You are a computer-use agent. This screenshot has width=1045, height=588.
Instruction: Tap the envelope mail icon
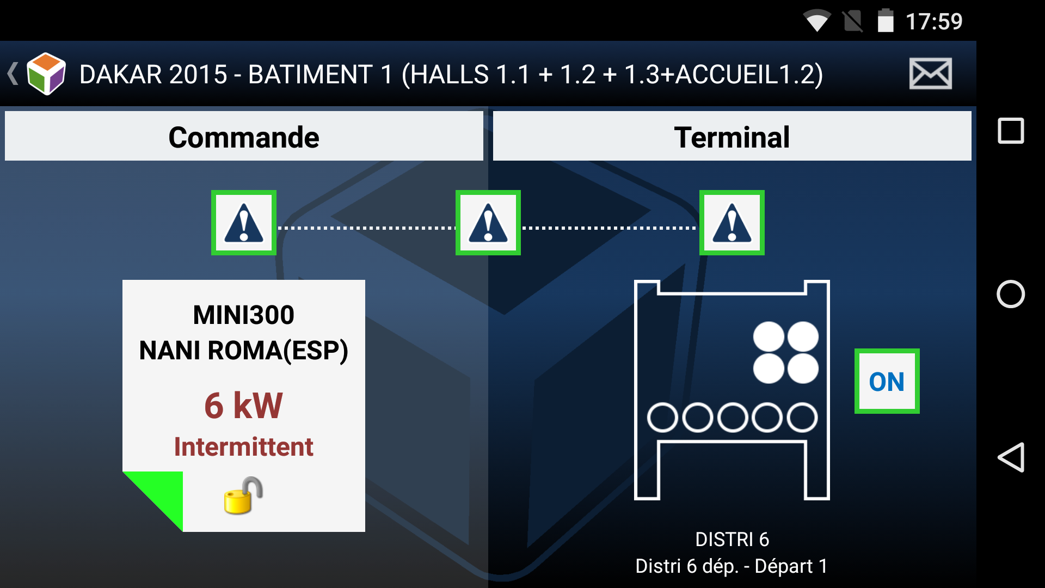(930, 73)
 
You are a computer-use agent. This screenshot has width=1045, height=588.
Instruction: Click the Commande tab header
(244, 136)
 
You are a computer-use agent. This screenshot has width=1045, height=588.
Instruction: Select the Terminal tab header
(731, 136)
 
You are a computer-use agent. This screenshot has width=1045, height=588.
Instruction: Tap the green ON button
(887, 381)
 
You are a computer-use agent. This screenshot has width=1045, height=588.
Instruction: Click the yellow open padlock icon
(243, 495)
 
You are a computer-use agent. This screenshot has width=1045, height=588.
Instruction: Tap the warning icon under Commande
(244, 223)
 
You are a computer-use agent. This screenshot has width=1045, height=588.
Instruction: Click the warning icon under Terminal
(731, 223)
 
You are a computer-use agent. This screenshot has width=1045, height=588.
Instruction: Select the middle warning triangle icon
(488, 223)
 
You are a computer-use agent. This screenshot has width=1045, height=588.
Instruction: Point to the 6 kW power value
(243, 406)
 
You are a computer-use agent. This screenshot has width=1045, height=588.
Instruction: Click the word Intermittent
(243, 447)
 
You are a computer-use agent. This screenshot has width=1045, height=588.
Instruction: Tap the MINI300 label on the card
(243, 315)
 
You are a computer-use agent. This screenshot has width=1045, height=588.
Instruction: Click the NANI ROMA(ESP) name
(243, 350)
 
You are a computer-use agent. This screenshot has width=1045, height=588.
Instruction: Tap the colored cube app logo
(46, 73)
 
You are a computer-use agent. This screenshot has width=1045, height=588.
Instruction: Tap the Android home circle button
(1011, 294)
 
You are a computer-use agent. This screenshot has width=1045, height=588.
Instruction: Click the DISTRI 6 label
(731, 539)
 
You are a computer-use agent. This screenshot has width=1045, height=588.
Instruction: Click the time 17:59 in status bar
(934, 22)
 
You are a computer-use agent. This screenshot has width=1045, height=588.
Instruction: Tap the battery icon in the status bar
(886, 21)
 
